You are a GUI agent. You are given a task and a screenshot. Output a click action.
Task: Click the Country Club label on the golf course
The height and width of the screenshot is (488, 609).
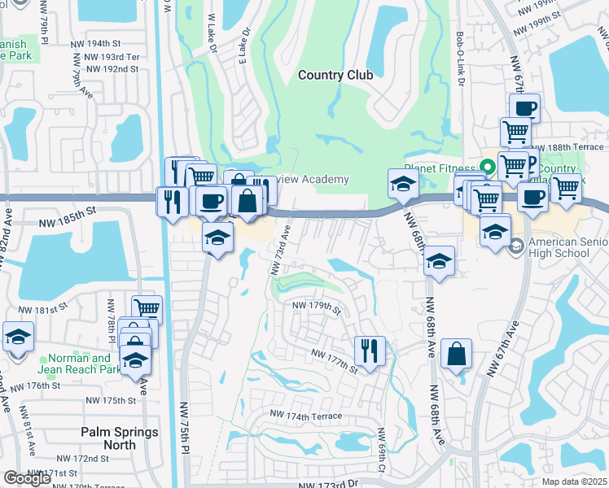pyautogui.click(x=335, y=75)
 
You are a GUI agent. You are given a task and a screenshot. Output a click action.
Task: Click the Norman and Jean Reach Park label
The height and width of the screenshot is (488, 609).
pyautogui.click(x=79, y=364)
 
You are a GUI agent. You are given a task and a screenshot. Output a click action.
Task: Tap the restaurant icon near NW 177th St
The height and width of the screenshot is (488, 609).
pyautogui.click(x=370, y=351)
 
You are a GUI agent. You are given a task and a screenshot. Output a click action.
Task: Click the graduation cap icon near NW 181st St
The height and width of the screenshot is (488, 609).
pyautogui.click(x=17, y=335)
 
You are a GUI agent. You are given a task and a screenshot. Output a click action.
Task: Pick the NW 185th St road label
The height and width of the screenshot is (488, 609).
pyautogui.click(x=68, y=210)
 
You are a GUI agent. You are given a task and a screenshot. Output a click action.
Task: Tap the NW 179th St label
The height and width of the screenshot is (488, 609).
pyautogui.click(x=316, y=307)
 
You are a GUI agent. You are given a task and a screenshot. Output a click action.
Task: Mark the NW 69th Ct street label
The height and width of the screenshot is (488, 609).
pyautogui.click(x=380, y=451)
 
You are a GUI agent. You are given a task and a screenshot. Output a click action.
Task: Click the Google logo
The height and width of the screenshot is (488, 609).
pyautogui.click(x=28, y=478)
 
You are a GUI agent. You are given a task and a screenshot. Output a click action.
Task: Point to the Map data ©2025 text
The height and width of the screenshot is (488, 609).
pyautogui.click(x=574, y=481)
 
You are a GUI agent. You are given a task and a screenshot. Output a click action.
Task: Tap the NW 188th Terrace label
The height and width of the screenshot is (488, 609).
pyautogui.click(x=572, y=147)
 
